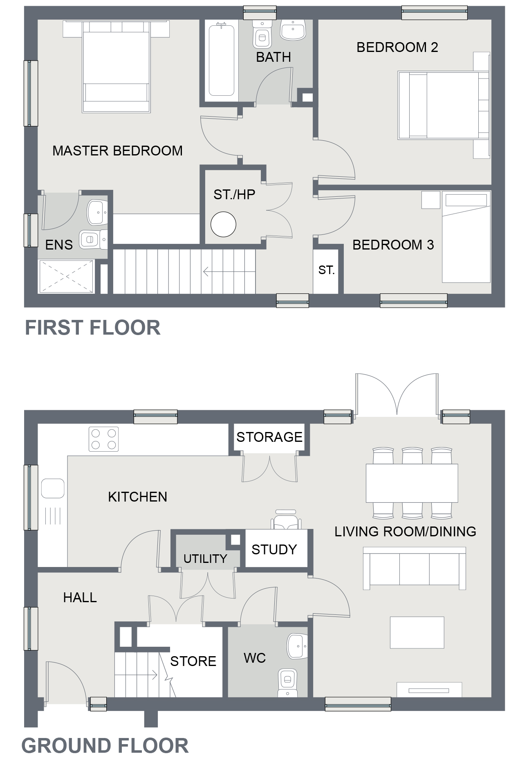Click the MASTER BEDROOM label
pos(117,151)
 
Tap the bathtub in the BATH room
pos(221,61)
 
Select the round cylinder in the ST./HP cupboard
pos(223,224)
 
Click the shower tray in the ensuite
pos(66,277)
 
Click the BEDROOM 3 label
pos(393,245)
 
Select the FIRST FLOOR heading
pos(93,328)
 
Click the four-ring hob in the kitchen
pos(103,439)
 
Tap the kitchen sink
pos(53,488)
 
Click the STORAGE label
pos(269,437)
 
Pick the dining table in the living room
pos(412,483)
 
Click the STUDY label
pos(274,549)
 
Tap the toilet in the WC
pos(287,682)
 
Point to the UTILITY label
pos(205,558)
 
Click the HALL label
pos(80,598)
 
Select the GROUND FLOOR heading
pos(105,745)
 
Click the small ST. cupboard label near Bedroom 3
pos(326,270)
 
